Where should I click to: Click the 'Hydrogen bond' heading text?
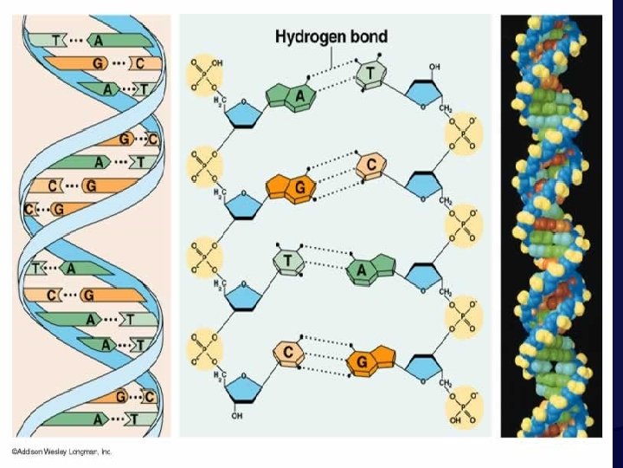(331, 37)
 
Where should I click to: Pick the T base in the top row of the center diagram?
(369, 76)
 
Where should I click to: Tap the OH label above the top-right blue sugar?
(434, 67)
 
